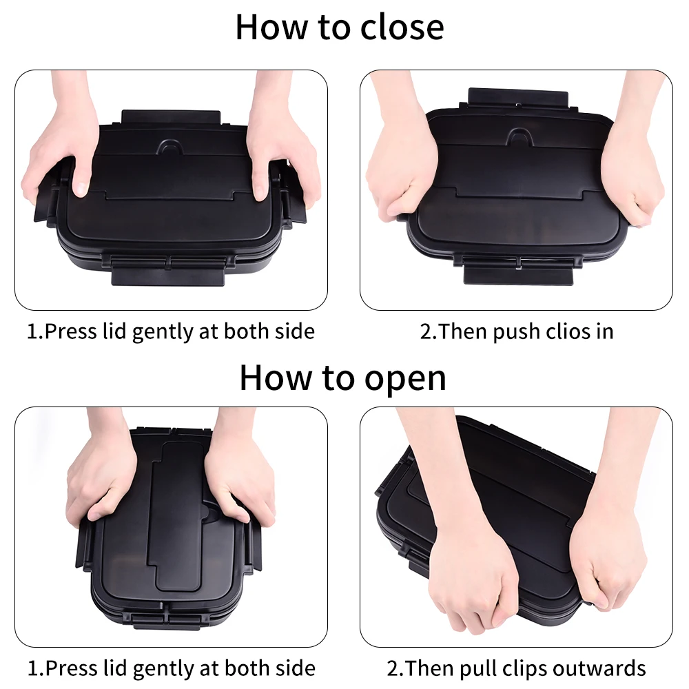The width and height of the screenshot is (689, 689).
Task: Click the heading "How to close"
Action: [340, 28]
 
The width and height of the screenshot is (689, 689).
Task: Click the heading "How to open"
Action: [342, 378]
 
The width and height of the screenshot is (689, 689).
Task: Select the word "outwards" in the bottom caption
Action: [599, 668]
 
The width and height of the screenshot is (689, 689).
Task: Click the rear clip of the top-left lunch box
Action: [171, 118]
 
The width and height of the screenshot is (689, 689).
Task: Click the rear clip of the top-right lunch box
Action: [518, 96]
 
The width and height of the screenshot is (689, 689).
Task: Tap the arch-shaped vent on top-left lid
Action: [171, 147]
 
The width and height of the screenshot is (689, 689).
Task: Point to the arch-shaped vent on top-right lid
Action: [520, 136]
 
